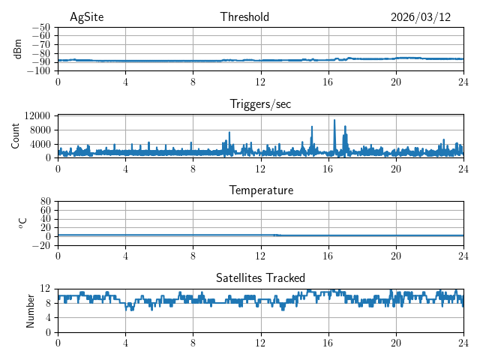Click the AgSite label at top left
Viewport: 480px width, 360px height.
[86, 17]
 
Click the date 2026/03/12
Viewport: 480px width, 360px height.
[421, 17]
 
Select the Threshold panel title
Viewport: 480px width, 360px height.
[244, 17]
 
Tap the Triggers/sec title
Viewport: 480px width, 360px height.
[260, 104]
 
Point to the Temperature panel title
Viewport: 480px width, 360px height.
[260, 190]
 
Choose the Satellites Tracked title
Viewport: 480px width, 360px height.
[260, 277]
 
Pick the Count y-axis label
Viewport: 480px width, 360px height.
[16, 136]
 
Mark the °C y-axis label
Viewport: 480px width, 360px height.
[22, 223]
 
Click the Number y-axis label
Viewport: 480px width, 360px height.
[30, 310]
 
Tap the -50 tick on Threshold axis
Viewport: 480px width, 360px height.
[41, 27]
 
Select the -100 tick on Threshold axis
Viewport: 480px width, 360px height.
[39, 71]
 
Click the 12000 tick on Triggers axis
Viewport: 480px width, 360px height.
[37, 115]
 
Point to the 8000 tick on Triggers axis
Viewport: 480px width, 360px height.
[40, 130]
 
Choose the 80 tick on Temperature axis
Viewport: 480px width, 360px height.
[46, 201]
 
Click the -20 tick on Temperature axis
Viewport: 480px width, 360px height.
[41, 245]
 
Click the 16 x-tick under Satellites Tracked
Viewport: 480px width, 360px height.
[328, 343]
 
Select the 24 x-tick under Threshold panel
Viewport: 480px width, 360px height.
[463, 82]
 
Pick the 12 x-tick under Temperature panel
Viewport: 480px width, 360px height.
[260, 256]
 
